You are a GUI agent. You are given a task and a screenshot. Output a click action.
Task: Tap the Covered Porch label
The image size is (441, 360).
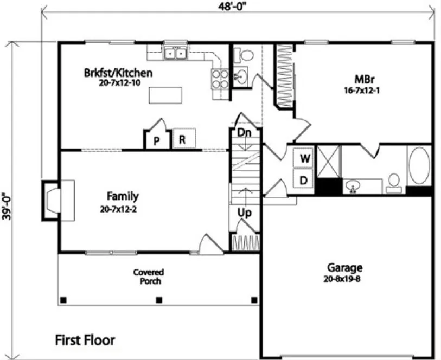click(x=148, y=277)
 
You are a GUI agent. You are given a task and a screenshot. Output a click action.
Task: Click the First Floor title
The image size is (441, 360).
click(x=85, y=340)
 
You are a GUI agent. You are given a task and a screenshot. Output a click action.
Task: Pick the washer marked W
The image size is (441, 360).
click(x=305, y=159)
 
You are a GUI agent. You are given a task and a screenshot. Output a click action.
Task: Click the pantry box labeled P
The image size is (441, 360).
click(x=156, y=140)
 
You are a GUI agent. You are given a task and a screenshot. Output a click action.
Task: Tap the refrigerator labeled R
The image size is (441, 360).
click(x=183, y=139)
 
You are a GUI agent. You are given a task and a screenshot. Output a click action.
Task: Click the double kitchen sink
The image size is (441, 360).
click(x=176, y=53)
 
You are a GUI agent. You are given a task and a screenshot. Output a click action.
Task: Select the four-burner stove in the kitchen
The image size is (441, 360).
click(x=220, y=79)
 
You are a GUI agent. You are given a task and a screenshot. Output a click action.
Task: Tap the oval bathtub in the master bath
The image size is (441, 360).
click(x=418, y=165)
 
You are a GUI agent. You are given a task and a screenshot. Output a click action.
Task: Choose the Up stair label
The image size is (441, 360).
click(x=245, y=213)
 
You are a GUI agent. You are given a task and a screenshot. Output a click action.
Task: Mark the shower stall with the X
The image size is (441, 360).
click(x=329, y=161)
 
